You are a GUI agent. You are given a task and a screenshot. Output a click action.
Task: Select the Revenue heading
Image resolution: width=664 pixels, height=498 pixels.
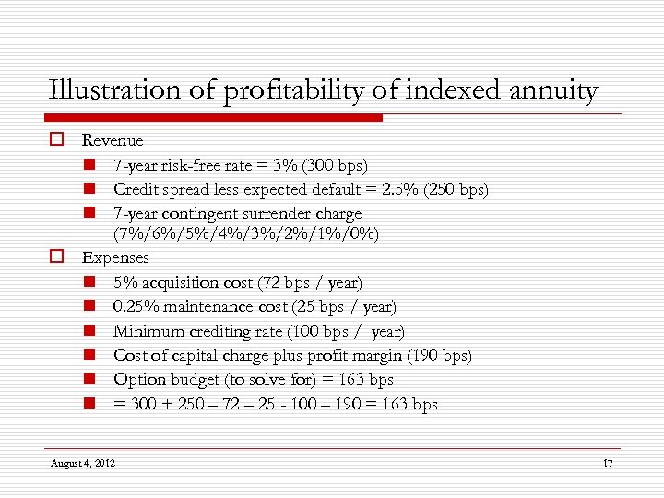coord(113,140)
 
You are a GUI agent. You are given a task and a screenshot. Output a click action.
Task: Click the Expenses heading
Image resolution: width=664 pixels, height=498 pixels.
coord(115,257)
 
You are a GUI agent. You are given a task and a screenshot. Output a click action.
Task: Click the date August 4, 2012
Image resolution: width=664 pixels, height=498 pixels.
coord(83,461)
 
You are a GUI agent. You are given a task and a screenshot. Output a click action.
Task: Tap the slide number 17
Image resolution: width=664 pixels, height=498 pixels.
coord(606,461)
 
